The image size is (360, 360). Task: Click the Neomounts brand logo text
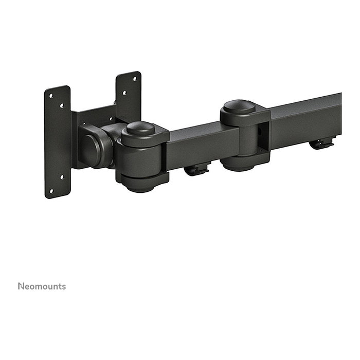click(42, 286)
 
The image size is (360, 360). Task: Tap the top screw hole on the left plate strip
click(50, 94)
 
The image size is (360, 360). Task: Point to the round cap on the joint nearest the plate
click(141, 128)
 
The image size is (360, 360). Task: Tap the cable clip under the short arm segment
click(196, 169)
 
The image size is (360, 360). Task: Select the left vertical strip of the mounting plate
click(58, 141)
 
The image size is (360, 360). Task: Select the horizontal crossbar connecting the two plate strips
click(95, 116)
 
